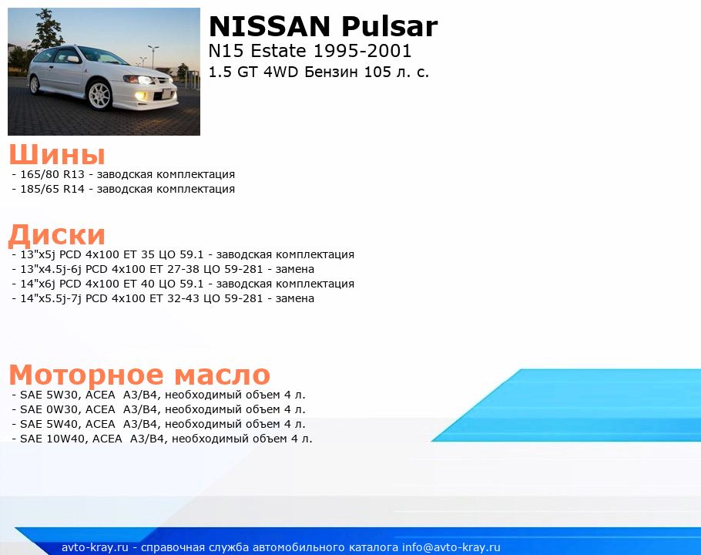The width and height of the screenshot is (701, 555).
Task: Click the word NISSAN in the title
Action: [x=269, y=26]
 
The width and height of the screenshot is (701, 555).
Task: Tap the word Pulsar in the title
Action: [x=389, y=26]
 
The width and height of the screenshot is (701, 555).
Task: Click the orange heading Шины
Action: [x=57, y=155]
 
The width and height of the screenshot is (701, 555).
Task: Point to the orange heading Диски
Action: [x=57, y=235]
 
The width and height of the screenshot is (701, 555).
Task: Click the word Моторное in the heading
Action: [x=86, y=375]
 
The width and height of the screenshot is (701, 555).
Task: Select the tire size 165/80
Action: [x=39, y=174]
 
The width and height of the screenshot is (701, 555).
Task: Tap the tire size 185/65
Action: [x=39, y=189]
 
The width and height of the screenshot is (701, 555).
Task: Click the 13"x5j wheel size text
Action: [x=38, y=255]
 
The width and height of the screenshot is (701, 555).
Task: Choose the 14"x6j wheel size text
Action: [x=38, y=284]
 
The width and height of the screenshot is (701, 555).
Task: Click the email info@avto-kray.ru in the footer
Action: [x=451, y=547]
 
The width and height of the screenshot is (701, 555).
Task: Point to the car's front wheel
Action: [x=99, y=95]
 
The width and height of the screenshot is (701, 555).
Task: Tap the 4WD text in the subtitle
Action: [x=280, y=72]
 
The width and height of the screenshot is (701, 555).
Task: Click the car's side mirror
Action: [x=73, y=59]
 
